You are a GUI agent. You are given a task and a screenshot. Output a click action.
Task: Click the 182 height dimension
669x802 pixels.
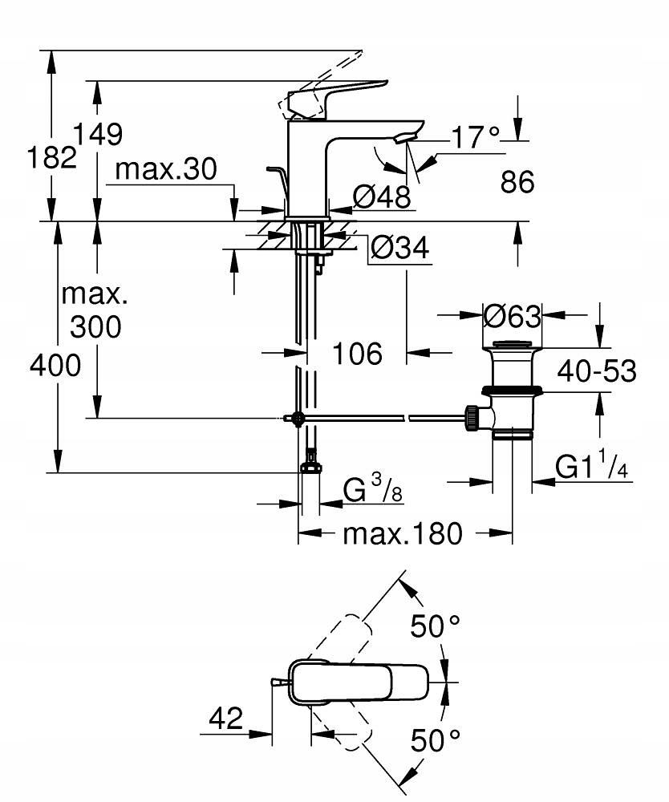(x=51, y=157)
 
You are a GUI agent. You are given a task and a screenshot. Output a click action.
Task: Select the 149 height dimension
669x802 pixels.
(x=98, y=134)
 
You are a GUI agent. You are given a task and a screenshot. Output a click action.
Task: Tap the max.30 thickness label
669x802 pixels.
(x=166, y=169)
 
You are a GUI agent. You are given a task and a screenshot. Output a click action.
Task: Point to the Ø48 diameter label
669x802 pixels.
(x=382, y=195)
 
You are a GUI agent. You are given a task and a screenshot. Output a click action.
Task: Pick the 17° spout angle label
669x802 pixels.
(x=474, y=138)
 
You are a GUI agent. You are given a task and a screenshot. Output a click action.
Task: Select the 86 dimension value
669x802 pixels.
(x=517, y=183)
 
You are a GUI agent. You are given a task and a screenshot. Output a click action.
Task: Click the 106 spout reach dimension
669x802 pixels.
(x=357, y=353)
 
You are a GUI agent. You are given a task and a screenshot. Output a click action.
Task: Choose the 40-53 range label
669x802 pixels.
(x=598, y=371)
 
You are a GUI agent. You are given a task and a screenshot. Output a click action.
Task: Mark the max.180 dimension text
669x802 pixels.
(x=403, y=533)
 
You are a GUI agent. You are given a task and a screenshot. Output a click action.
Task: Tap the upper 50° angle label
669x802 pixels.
(x=436, y=626)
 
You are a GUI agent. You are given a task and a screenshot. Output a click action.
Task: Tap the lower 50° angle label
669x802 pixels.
(x=436, y=739)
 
